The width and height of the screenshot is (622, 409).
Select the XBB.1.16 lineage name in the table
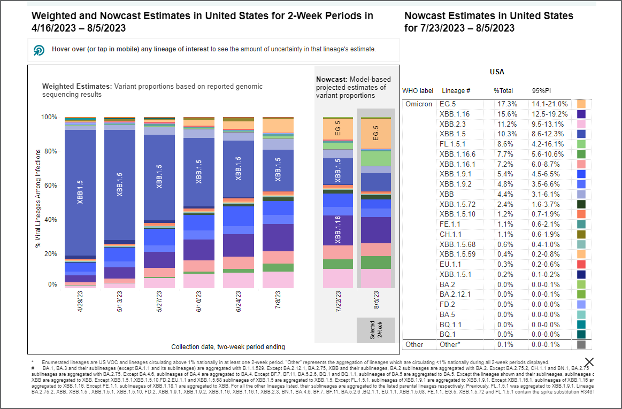click(x=454, y=114)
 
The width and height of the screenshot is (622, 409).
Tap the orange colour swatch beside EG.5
click(x=581, y=104)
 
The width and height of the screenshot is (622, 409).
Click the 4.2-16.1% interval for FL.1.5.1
click(x=550, y=144)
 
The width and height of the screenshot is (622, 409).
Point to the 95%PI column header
click(x=542, y=91)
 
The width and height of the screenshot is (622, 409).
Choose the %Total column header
click(x=503, y=91)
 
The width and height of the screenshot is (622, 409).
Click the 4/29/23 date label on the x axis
click(x=80, y=302)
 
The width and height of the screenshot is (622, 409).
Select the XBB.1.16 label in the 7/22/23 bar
click(x=338, y=230)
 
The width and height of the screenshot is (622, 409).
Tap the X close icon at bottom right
click(x=589, y=362)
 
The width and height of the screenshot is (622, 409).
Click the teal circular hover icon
click(x=39, y=50)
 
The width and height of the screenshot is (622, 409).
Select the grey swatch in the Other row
click(x=581, y=344)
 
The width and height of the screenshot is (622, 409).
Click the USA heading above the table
click(x=497, y=72)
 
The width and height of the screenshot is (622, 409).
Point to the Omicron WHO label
click(x=418, y=104)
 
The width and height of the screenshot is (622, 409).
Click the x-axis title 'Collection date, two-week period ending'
click(x=228, y=346)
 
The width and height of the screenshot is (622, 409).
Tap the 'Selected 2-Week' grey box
click(x=376, y=330)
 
